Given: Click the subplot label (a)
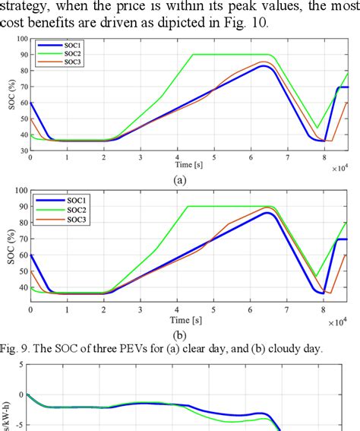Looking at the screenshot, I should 181,179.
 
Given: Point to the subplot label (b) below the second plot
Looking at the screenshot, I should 181,332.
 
